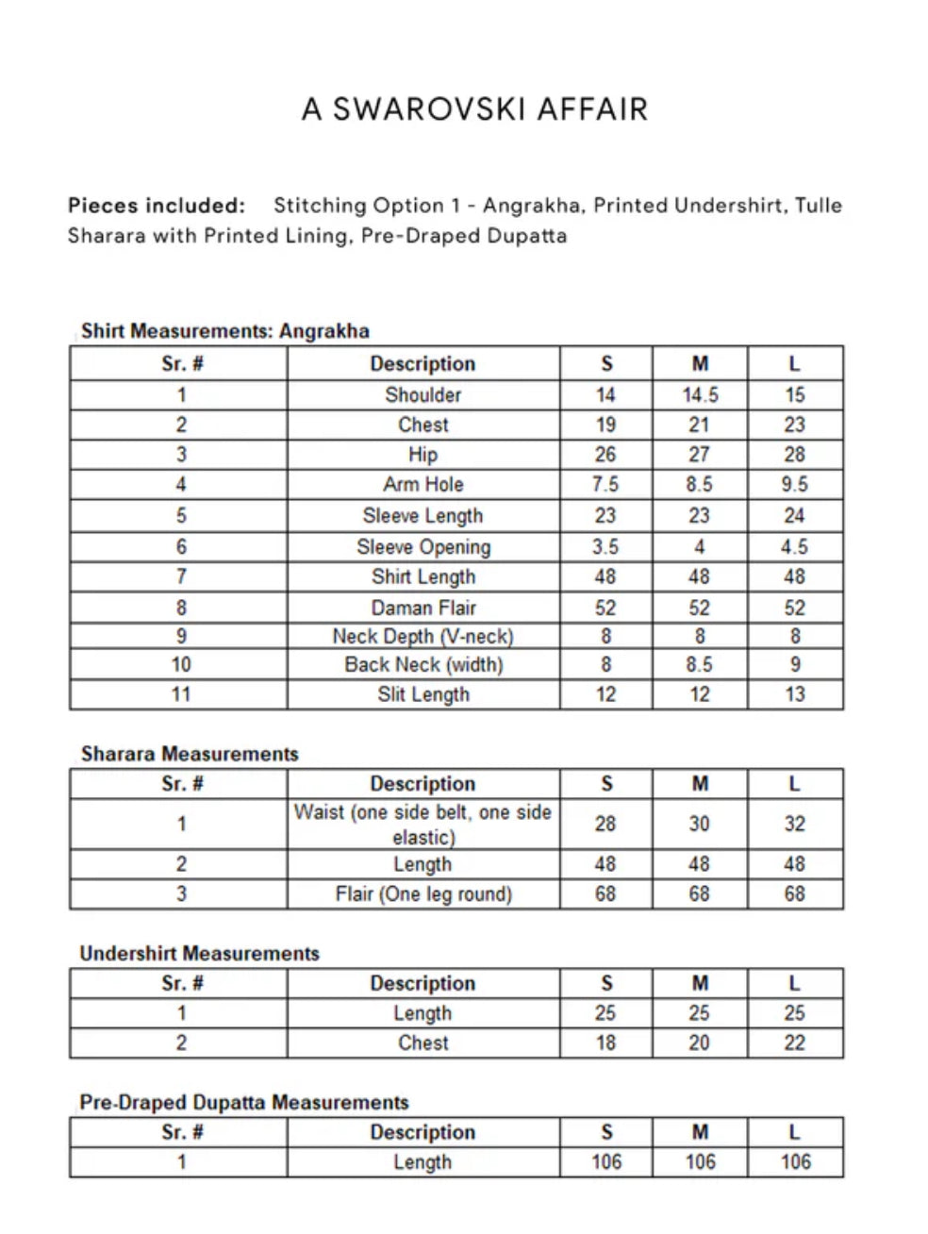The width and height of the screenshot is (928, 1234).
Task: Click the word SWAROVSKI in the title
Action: coord(429,109)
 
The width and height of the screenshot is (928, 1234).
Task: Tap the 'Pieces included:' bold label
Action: coord(157,206)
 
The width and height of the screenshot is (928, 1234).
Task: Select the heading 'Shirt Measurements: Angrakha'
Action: coord(224,331)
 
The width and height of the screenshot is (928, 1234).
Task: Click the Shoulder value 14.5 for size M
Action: coord(700,395)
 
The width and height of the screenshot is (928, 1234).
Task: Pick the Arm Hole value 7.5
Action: coord(605,485)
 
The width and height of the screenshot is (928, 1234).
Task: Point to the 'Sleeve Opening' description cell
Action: coord(423,547)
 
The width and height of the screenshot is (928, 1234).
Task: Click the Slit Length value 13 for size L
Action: coord(794,694)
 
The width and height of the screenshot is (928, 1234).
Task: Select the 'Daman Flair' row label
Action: coord(423,608)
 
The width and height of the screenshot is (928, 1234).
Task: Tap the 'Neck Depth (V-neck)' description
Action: coord(423,636)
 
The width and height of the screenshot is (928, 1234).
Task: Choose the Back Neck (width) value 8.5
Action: coord(700,665)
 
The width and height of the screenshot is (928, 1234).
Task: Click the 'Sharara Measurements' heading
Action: coord(190,754)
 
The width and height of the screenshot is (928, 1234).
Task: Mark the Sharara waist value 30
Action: coord(699,824)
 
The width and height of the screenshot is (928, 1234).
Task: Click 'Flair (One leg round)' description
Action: coord(423,894)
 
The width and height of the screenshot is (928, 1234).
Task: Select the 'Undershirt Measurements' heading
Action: coord(199,953)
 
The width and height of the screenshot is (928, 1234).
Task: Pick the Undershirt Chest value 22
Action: coord(794,1042)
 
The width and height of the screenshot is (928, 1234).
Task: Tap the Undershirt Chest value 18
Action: coord(605,1042)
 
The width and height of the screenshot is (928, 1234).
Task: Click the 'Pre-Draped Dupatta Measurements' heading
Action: coord(244,1102)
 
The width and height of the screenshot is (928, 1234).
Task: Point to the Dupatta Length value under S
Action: coord(606,1162)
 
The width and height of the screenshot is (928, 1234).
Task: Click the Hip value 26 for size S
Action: coord(605,455)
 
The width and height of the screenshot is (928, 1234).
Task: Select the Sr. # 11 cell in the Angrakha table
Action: coord(180,694)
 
